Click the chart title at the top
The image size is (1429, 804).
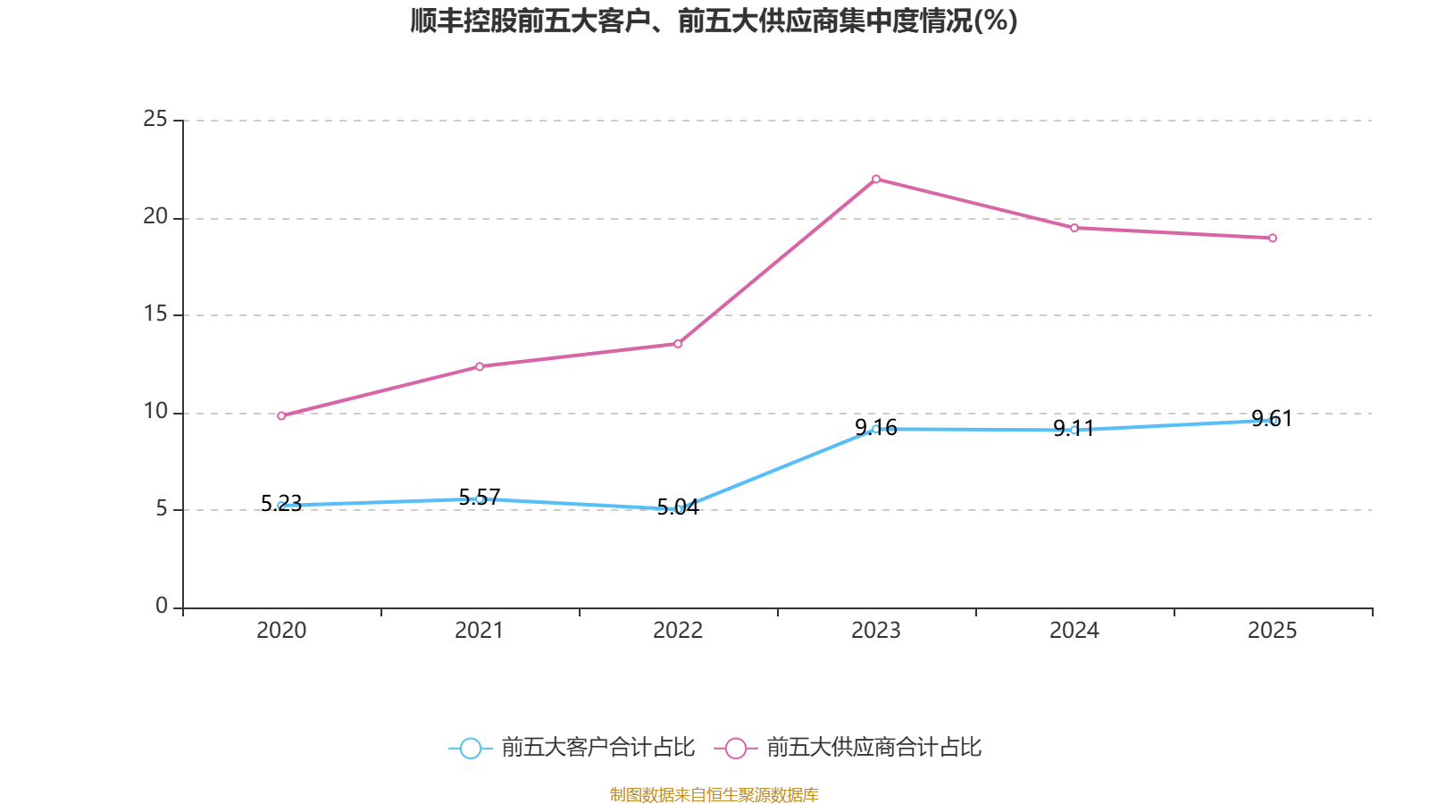[x=714, y=21]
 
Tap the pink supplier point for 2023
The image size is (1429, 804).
[x=876, y=180]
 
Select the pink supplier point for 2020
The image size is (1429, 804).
[x=281, y=415]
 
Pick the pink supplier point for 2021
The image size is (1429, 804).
[x=480, y=366]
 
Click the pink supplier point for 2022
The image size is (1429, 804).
[x=678, y=344]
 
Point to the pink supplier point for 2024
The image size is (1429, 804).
[x=1074, y=228]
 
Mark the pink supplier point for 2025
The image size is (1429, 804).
[x=1273, y=238]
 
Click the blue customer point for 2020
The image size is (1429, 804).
[x=281, y=506]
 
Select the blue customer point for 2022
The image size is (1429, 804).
[x=678, y=509]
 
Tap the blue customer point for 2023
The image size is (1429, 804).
[x=876, y=430]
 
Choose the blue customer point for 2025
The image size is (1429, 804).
[x=1273, y=420]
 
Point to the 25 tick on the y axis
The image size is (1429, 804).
[x=155, y=119]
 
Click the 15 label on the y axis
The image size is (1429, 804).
[x=155, y=314]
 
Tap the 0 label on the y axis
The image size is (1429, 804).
[x=162, y=607]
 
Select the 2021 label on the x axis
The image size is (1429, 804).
[x=480, y=631]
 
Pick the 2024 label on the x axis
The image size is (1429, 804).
[x=1074, y=631]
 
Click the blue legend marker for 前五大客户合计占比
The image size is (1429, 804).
[x=470, y=748]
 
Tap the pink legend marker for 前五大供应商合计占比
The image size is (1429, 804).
[x=735, y=748]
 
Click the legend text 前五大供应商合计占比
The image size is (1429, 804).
[x=873, y=748]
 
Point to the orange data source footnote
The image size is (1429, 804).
[x=714, y=794]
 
